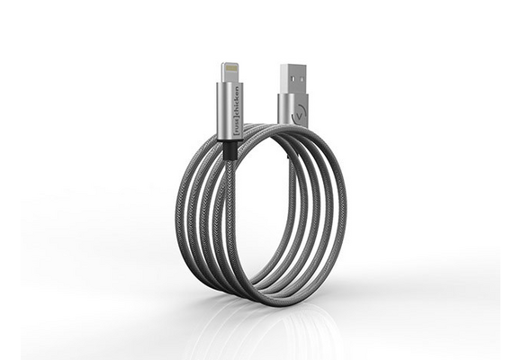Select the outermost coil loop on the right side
click(x=344, y=207)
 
